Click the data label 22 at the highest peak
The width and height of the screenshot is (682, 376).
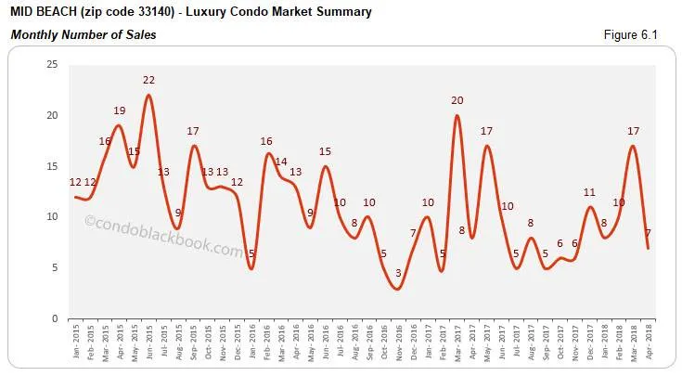pos(148,80)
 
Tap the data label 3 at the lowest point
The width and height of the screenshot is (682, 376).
pos(398,273)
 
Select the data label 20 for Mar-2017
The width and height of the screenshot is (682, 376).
pos(457,100)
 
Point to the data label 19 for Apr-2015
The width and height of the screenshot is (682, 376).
pos(119,110)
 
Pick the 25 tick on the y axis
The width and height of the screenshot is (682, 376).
pos(52,64)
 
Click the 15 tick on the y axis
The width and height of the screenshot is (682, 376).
pos(52,166)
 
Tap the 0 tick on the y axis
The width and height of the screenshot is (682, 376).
pos(55,318)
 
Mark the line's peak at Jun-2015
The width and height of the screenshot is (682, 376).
pos(148,95)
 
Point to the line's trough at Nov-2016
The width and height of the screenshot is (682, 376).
pos(398,289)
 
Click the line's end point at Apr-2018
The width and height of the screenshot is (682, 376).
pos(648,248)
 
